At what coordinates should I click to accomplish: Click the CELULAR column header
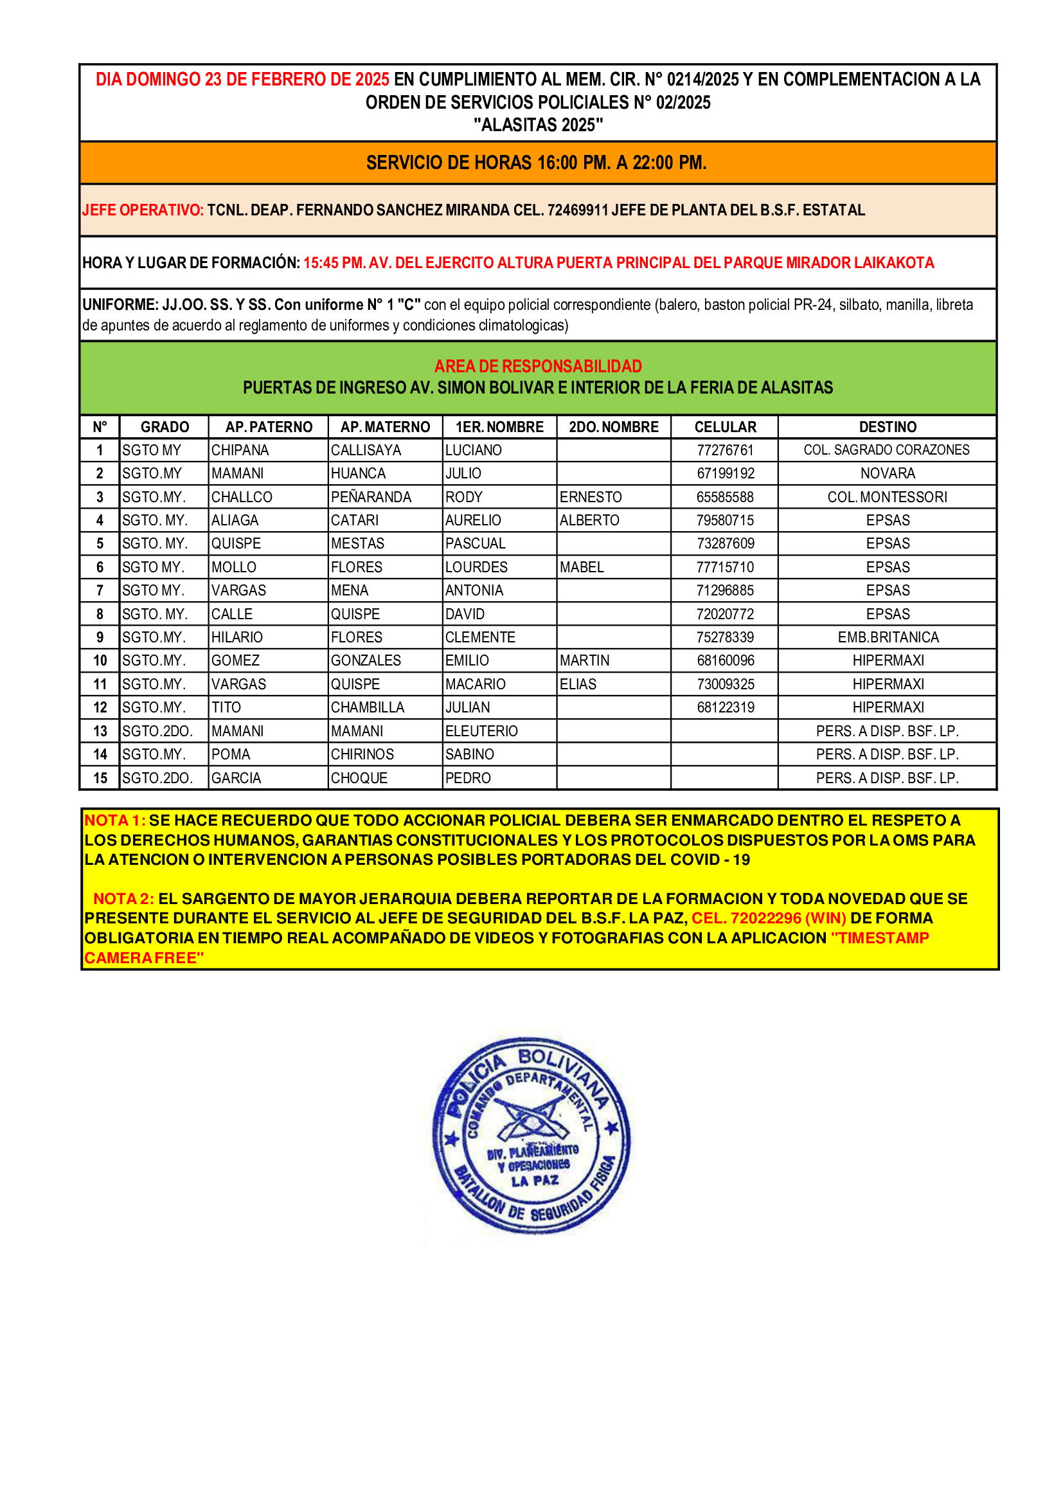(724, 427)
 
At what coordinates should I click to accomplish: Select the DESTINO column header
(887, 427)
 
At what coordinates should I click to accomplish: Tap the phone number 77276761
(724, 450)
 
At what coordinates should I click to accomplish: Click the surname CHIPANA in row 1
(240, 450)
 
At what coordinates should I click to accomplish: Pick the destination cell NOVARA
(887, 473)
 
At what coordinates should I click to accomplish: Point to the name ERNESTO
(591, 496)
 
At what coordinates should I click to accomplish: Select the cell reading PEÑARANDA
(370, 496)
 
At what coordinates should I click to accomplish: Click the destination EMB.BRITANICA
(888, 637)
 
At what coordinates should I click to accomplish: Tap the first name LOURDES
(476, 566)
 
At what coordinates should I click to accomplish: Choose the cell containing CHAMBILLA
(367, 707)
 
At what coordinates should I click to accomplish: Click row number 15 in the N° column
(100, 777)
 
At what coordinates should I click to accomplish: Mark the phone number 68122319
(725, 707)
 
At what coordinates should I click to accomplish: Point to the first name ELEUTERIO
(481, 731)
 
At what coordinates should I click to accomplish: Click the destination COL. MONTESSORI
(887, 496)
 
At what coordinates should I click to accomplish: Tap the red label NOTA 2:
(123, 899)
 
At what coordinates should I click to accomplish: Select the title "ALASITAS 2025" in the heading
(538, 125)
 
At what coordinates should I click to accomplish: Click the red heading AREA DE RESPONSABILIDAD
(538, 365)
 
